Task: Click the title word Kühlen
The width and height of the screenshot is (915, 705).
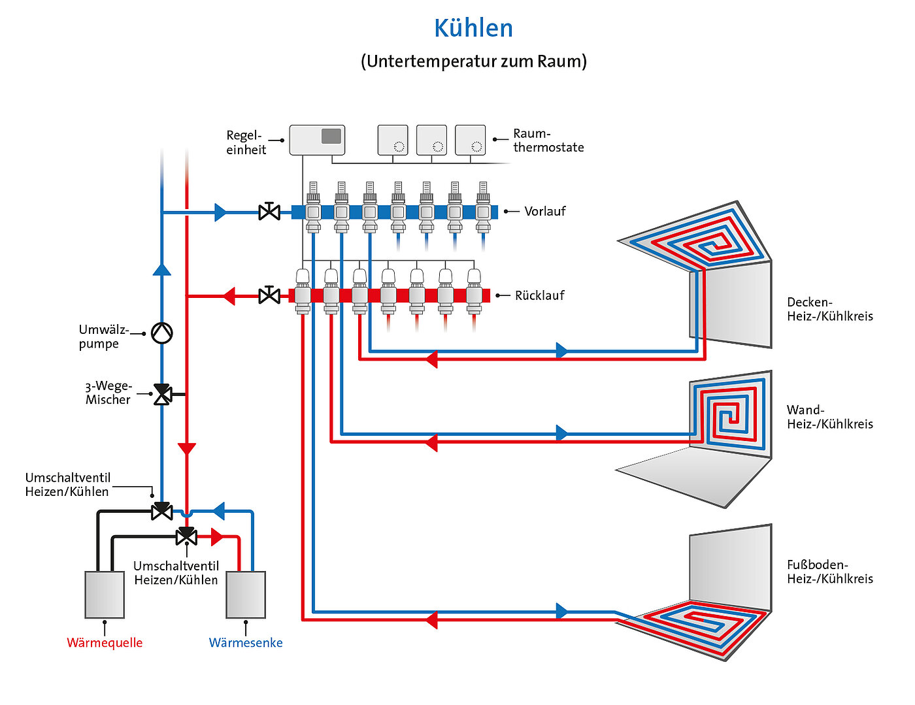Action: pos(473,28)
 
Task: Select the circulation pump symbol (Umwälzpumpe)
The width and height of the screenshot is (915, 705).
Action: pos(161,333)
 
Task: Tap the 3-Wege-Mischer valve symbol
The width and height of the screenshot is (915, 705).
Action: pos(162,394)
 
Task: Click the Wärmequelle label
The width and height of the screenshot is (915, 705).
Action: pos(105,642)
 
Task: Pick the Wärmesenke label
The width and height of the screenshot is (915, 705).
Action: pos(246,642)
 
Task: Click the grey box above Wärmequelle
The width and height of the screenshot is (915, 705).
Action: pos(105,595)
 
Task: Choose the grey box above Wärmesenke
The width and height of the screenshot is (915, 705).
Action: pos(246,595)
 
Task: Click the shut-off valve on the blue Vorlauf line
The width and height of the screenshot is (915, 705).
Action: pos(269,212)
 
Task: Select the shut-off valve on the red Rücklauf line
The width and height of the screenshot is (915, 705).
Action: pos(269,296)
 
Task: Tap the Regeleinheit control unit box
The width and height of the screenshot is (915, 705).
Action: pos(317,140)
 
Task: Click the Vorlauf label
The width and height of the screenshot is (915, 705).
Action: pos(544,211)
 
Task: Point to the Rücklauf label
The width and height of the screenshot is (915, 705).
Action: pos(539,295)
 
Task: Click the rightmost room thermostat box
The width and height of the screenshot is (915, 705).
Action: pos(470,140)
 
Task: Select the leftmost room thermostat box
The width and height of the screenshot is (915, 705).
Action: pos(393,140)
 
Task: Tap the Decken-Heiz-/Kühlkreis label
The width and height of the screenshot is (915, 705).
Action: pos(829,309)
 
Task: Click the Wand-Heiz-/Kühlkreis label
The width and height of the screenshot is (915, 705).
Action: pos(829,417)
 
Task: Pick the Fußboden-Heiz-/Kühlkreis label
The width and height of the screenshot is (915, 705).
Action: pos(829,572)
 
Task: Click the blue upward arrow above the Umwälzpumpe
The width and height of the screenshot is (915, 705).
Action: pos(161,269)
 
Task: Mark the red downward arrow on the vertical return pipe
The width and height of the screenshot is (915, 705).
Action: pos(187,449)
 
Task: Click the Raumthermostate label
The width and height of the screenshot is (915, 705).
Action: pos(548,140)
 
